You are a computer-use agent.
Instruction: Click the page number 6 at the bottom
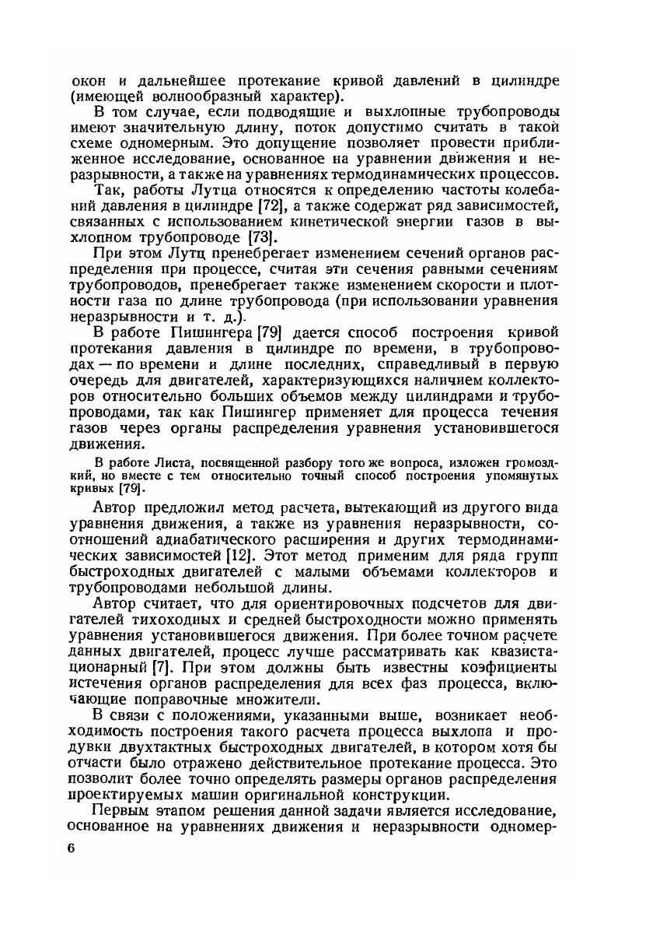point(71,848)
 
